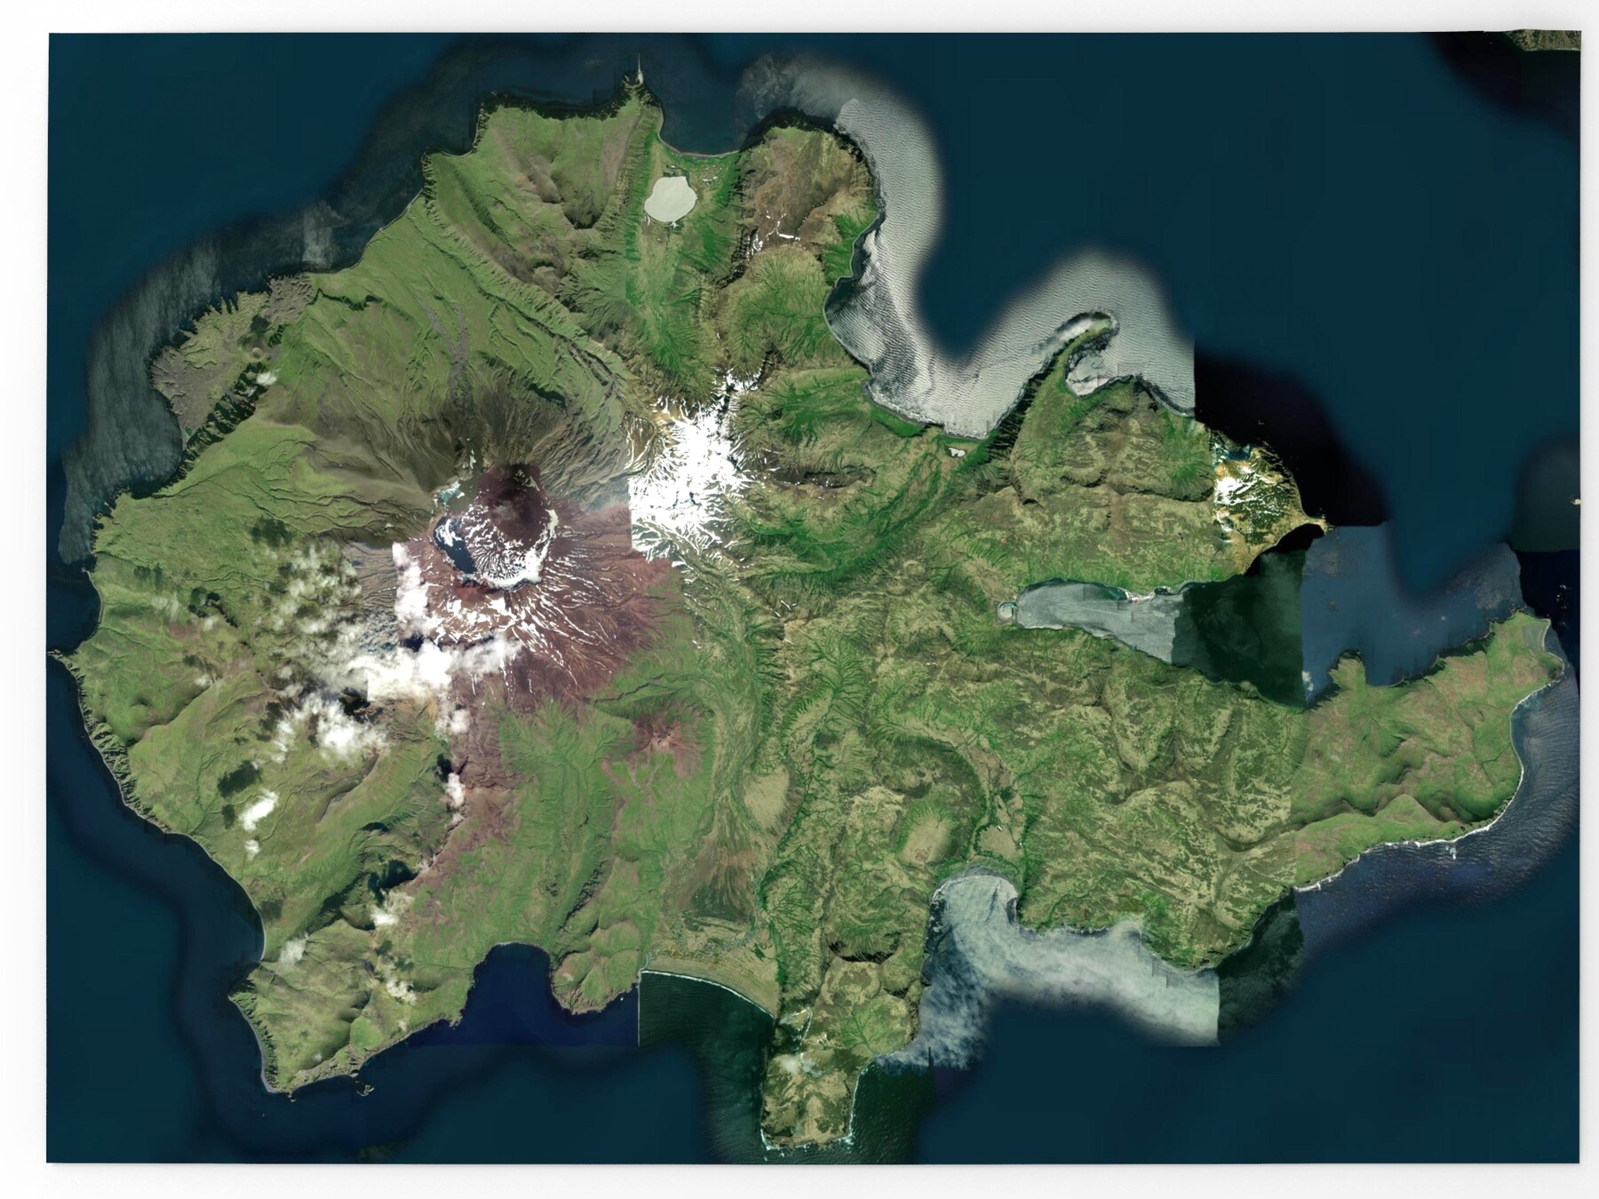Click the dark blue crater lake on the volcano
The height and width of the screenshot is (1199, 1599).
[x=457, y=546]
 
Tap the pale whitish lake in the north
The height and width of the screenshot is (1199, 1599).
[x=672, y=198]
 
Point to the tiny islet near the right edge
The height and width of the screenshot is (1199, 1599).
[x=1576, y=501]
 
